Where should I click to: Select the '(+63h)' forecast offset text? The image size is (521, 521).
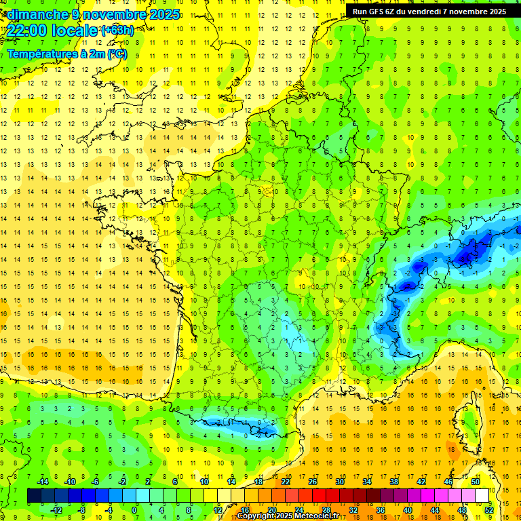pos(117,30)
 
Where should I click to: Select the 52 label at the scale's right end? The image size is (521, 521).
pos(489,510)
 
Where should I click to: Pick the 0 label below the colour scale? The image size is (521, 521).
pos(134,510)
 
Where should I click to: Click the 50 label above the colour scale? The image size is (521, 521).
pos(476,482)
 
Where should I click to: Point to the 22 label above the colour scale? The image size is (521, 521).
pos(286,482)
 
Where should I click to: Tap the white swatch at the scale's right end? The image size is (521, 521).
pos(482,496)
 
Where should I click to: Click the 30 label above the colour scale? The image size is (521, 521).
pos(340,482)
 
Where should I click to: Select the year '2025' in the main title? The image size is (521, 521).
pos(163,14)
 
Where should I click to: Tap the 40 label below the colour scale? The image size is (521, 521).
pos(408,510)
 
